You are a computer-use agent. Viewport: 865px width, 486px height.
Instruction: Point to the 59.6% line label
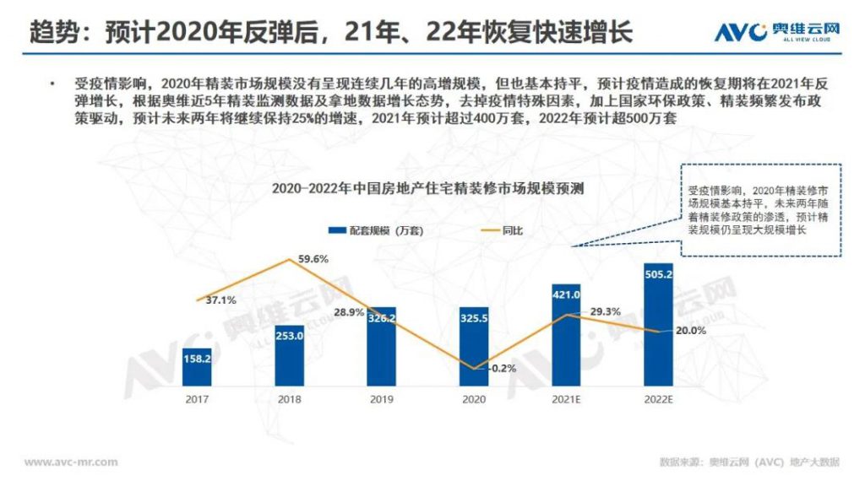pos(313,259)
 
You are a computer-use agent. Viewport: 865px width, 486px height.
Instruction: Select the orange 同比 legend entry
pos(501,229)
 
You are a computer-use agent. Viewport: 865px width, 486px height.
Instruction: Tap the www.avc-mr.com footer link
pos(70,462)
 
